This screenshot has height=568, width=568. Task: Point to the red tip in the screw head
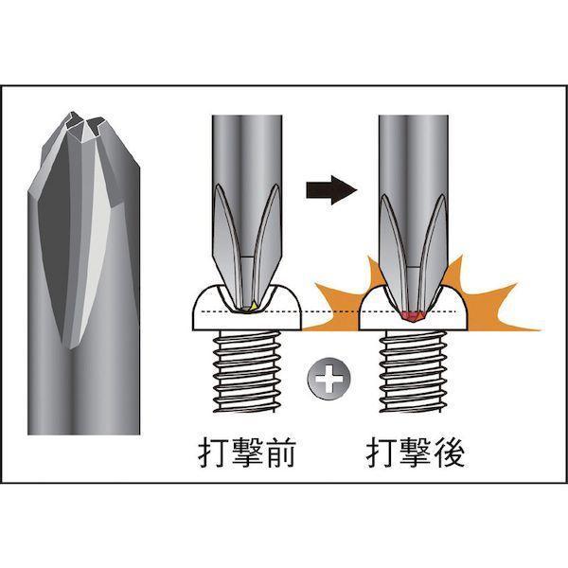coord(412,315)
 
